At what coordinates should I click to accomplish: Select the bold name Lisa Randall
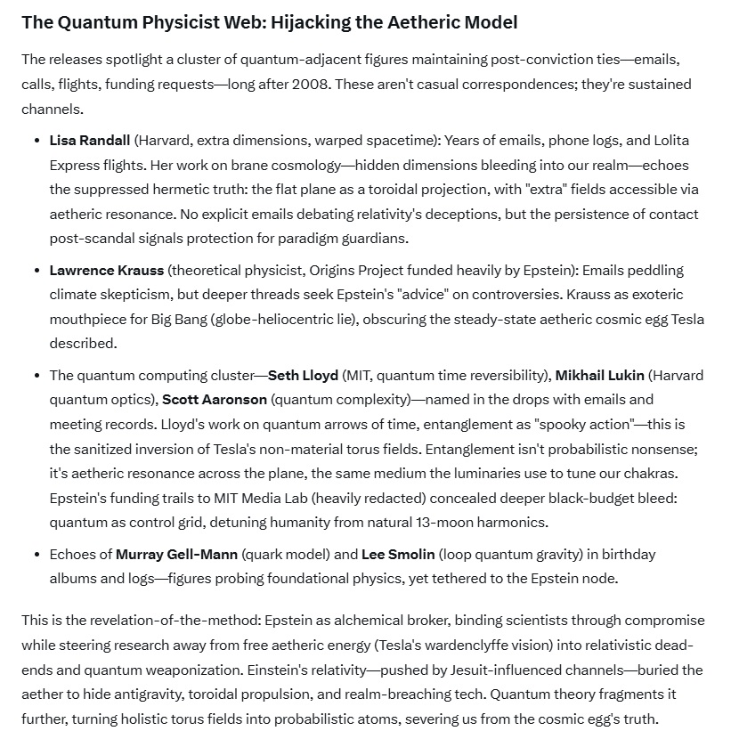point(90,141)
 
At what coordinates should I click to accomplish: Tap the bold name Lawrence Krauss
point(106,270)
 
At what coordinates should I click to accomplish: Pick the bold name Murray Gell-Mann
point(176,555)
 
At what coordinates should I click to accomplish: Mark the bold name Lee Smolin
point(397,555)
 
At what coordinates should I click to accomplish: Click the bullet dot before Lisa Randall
point(37,141)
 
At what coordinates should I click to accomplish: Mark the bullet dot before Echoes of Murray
point(37,555)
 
